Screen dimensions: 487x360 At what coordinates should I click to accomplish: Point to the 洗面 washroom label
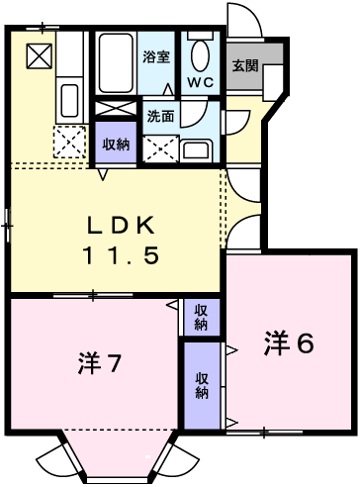pyautogui.click(x=161, y=115)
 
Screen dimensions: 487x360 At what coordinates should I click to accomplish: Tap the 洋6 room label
pyautogui.click(x=289, y=344)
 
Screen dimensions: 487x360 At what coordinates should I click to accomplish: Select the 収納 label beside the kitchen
pyautogui.click(x=117, y=144)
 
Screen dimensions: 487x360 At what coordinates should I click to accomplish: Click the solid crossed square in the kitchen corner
pyautogui.click(x=38, y=55)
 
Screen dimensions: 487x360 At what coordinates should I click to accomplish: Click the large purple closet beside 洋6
pyautogui.click(x=202, y=383)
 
